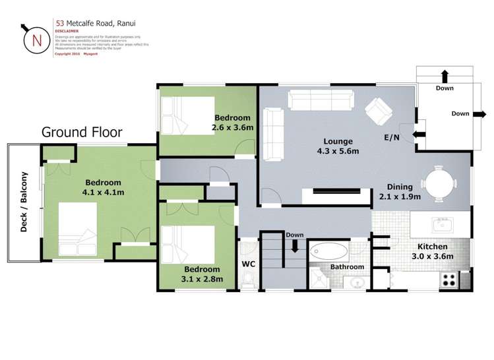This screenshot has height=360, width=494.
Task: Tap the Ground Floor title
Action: [82, 132]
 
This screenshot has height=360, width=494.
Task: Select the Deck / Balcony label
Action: [24, 202]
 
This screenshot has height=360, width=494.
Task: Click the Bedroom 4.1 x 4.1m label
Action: [102, 188]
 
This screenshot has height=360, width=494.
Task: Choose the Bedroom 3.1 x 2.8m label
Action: [202, 274]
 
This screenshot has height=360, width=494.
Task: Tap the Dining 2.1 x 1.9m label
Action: [400, 191]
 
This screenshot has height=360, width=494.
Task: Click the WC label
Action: [249, 264]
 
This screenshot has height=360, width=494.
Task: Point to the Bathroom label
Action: [347, 267]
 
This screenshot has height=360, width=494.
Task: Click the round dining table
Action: [439, 183]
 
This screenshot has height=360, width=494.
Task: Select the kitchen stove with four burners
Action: [448, 279]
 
